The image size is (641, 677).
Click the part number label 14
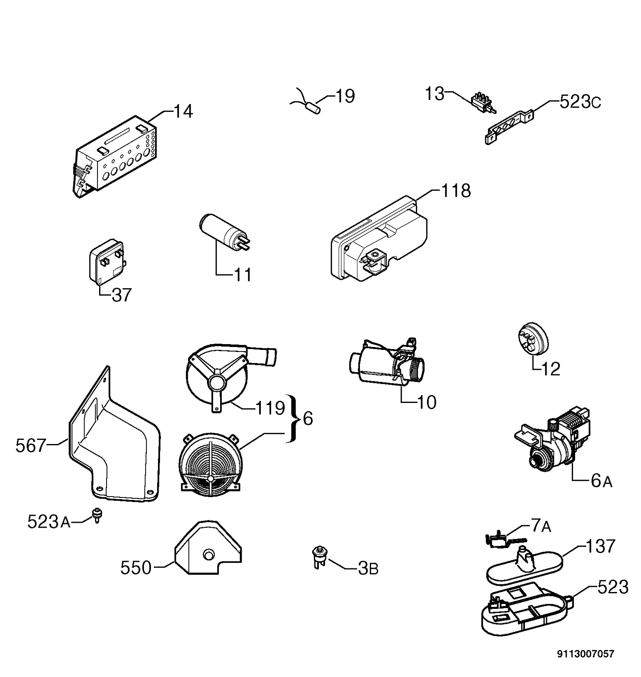183,112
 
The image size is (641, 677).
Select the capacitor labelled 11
224,232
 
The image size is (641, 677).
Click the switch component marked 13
484,104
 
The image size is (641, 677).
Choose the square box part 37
107,262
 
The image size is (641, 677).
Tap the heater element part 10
388,362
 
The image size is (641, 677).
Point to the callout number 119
270,408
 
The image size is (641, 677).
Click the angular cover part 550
208,547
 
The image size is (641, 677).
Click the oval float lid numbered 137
524,563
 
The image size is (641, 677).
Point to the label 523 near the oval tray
613,587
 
